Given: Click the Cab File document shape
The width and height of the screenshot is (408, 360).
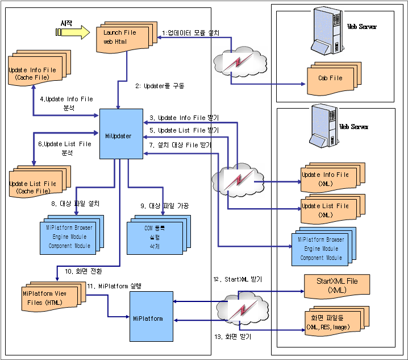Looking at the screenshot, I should click(x=331, y=77).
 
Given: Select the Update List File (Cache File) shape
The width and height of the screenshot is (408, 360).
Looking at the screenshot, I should click(x=35, y=185).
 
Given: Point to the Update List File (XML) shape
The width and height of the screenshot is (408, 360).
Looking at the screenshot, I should click(x=325, y=209).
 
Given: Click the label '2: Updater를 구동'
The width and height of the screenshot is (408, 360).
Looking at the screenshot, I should click(x=160, y=86).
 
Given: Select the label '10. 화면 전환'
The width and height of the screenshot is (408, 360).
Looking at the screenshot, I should click(x=84, y=271).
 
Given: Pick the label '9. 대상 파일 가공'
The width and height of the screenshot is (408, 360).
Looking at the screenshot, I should click(x=165, y=205).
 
